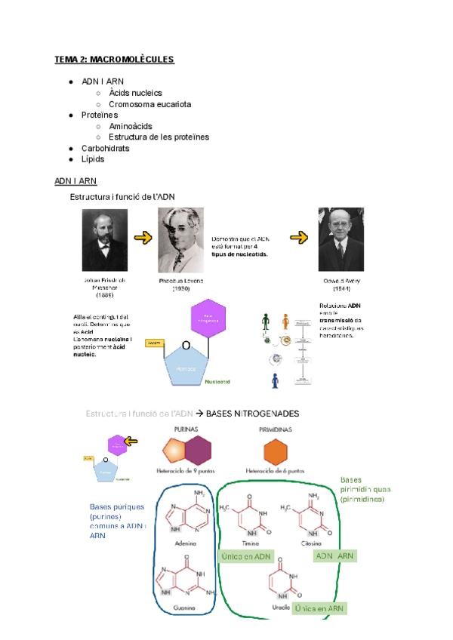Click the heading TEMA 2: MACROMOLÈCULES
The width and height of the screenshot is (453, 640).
(x=114, y=59)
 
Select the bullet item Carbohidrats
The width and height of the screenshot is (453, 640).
(x=105, y=149)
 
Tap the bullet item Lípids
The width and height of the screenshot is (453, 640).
(x=93, y=159)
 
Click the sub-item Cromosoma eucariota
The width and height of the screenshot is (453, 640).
(x=149, y=104)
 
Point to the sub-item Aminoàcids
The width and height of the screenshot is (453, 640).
(x=134, y=127)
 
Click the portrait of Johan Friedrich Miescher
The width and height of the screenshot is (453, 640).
(x=105, y=240)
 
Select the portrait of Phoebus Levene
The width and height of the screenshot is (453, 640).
(x=180, y=241)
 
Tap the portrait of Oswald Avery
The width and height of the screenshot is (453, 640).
(x=341, y=238)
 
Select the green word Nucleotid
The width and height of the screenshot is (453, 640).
(x=222, y=382)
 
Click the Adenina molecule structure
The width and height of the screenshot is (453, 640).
(x=185, y=516)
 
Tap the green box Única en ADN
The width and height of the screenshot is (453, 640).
(x=245, y=556)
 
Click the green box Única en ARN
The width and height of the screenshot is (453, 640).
(x=320, y=608)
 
